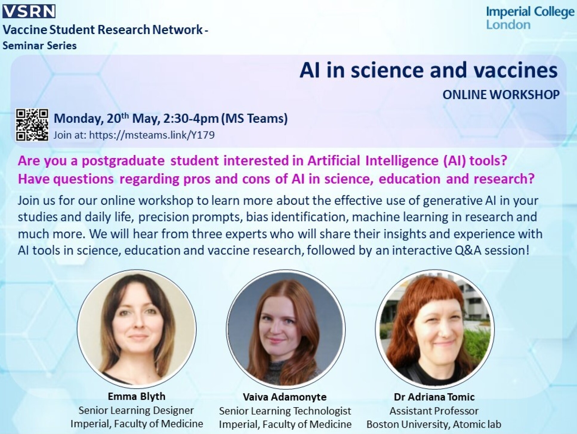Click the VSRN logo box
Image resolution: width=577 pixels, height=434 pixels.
[x=29, y=12]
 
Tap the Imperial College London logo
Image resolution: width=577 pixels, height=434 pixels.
[x=530, y=18]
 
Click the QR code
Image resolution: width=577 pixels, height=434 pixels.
[x=32, y=125]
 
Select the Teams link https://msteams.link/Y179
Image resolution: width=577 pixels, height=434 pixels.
[x=152, y=135]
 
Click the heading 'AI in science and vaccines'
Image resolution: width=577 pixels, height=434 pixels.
[x=428, y=70]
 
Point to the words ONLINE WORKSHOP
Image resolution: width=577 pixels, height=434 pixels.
[x=501, y=95]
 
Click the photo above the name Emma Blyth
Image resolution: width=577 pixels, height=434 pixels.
[x=137, y=329]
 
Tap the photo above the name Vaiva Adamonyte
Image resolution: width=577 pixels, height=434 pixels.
[x=286, y=329]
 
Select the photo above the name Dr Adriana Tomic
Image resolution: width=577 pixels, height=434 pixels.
[x=434, y=329]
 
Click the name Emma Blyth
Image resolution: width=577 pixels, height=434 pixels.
[x=136, y=396]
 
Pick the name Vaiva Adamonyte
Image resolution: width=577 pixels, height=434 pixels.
[x=285, y=397]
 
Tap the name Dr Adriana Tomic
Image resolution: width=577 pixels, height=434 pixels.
[x=434, y=397]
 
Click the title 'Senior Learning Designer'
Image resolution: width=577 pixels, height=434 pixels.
[x=136, y=410]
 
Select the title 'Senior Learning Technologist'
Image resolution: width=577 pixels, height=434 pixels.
[x=285, y=411]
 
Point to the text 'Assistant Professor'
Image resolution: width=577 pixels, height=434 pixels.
[x=434, y=411]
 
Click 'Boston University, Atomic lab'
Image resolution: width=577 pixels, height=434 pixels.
[x=434, y=424]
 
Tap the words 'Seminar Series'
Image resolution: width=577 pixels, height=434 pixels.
[x=40, y=46]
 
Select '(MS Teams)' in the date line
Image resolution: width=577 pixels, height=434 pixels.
[x=254, y=119]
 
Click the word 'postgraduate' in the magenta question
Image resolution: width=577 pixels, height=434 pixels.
[x=123, y=161]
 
